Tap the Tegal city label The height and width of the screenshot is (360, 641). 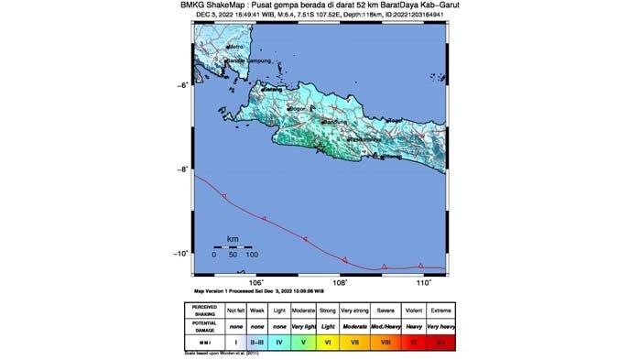click(x=396, y=121)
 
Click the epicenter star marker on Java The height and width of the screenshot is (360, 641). click(x=320, y=148)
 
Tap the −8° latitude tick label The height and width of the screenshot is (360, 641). click(x=184, y=169)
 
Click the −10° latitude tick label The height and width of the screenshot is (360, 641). click(x=183, y=254)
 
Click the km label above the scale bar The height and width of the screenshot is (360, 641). click(x=233, y=238)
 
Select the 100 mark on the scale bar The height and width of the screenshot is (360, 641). click(x=252, y=255)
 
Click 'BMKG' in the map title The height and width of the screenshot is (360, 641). click(x=206, y=5)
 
